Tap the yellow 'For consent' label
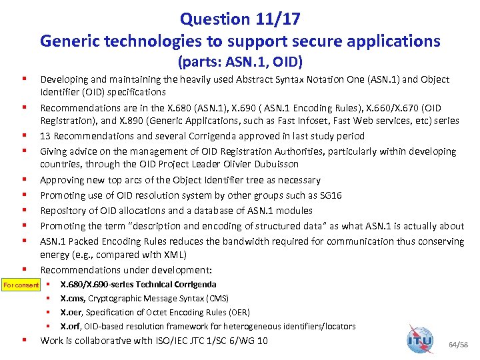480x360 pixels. coord(21,285)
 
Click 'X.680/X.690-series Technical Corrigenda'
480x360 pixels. coord(138,284)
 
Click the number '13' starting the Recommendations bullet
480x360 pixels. coord(45,136)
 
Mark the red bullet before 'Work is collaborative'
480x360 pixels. coord(23,340)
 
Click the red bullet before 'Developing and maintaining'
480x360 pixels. coord(23,79)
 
